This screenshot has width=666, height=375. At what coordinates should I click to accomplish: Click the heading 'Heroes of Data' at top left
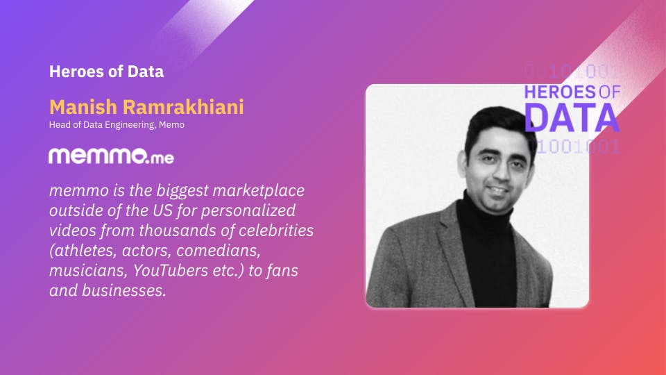point(106,72)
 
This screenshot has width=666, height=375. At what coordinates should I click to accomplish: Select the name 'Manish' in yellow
point(83,107)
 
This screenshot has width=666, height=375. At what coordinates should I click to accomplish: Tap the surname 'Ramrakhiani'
point(183,107)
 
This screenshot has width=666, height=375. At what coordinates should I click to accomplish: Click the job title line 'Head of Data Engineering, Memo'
point(117,125)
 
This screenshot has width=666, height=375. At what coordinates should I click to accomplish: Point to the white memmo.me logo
point(111,156)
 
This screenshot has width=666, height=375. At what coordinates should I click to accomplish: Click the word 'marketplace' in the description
point(258,190)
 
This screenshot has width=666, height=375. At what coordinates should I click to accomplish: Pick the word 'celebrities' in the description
point(276,230)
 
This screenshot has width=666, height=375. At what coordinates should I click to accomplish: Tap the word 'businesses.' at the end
point(123,290)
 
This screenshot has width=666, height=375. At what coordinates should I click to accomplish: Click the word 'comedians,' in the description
point(219,251)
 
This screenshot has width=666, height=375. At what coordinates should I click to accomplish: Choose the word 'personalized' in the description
point(248,210)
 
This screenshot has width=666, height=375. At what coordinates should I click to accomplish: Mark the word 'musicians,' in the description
point(88,270)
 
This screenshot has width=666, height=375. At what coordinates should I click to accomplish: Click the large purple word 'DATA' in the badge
point(572,118)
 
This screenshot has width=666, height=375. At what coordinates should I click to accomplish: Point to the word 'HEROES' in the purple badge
point(560,92)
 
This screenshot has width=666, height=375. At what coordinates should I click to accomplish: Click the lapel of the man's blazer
point(455,247)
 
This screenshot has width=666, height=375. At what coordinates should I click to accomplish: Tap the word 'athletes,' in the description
point(83,251)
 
